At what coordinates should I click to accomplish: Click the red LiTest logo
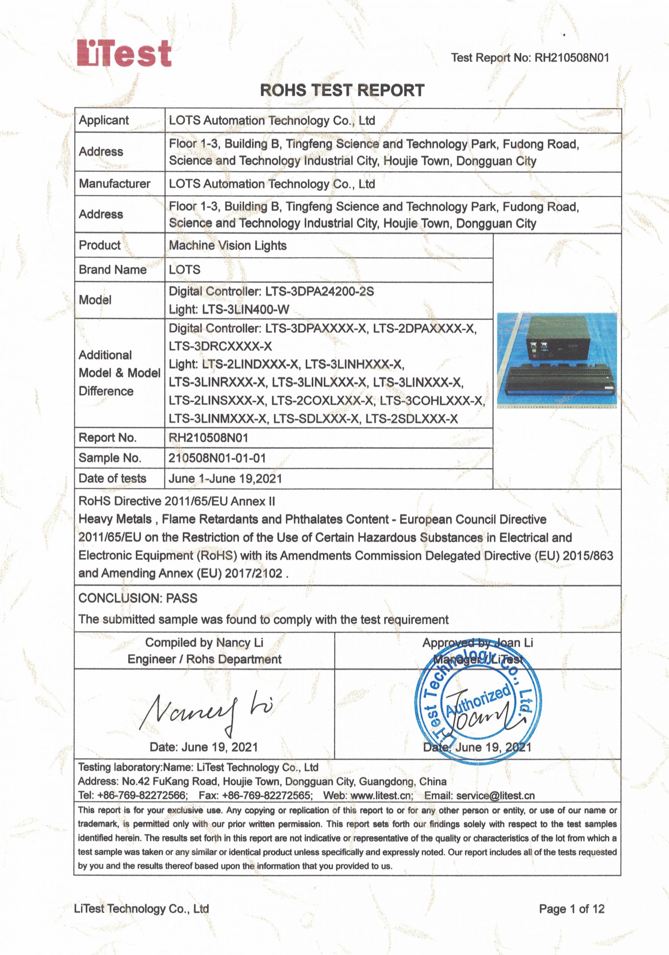click(x=124, y=53)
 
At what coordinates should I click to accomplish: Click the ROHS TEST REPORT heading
click(x=342, y=90)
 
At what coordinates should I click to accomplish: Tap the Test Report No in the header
click(x=530, y=57)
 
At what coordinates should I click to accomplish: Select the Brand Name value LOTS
click(x=185, y=270)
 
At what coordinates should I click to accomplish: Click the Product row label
click(x=100, y=245)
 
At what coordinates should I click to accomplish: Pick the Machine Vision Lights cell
click(x=228, y=245)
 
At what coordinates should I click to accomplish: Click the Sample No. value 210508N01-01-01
click(x=217, y=458)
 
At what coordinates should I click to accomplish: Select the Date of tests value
click(x=225, y=478)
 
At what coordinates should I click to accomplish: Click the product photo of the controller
click(x=557, y=359)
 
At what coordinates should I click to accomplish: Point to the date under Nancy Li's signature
click(x=204, y=747)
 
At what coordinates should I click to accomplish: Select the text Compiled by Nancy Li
click(x=204, y=643)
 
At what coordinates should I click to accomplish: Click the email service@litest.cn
click(x=495, y=796)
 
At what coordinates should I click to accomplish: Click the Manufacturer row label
click(x=115, y=184)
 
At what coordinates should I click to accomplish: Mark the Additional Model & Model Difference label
click(x=119, y=373)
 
